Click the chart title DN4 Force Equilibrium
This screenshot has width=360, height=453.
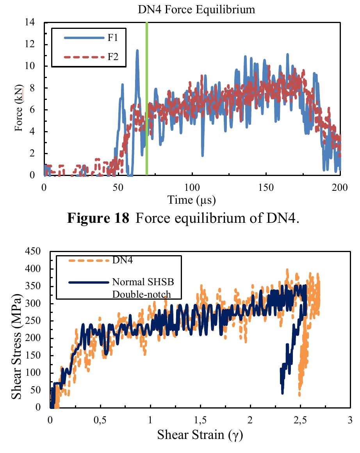(196, 10)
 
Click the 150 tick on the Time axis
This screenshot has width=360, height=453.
(266, 187)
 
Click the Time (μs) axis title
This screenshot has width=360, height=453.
(192, 200)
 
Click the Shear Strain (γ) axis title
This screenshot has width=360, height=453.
(200, 434)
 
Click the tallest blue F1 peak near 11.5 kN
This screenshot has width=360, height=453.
(137, 51)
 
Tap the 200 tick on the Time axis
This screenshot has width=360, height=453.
(339, 187)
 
